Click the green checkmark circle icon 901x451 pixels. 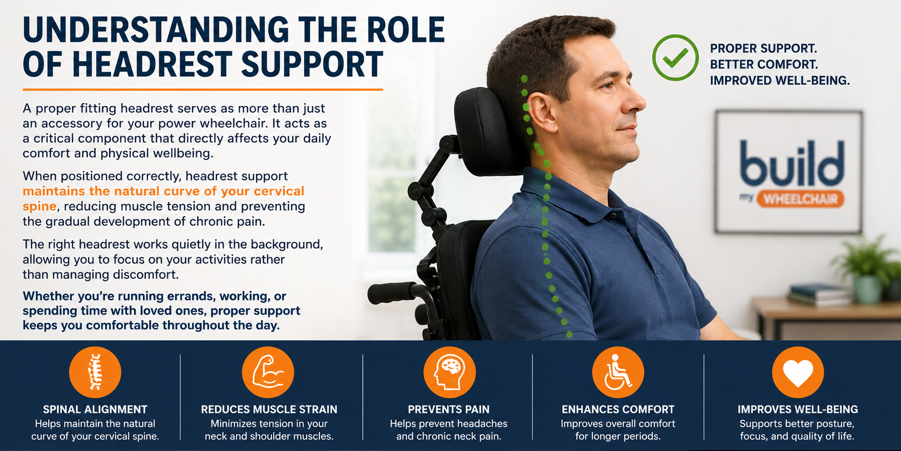(x=675, y=57)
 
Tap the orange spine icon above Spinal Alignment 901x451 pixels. (x=95, y=372)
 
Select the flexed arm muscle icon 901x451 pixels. (x=268, y=372)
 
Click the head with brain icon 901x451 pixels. (x=449, y=372)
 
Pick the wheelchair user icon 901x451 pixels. (x=618, y=372)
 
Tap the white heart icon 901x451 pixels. (x=798, y=372)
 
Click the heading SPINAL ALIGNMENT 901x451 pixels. (x=95, y=409)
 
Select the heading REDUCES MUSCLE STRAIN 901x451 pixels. (x=269, y=409)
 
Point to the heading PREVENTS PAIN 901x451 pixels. (x=448, y=409)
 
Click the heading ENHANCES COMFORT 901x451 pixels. (x=618, y=409)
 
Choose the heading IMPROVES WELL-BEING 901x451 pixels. (x=798, y=409)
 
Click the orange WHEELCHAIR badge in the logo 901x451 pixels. (x=800, y=199)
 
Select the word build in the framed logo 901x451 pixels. (x=792, y=163)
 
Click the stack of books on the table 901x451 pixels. (x=819, y=295)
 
